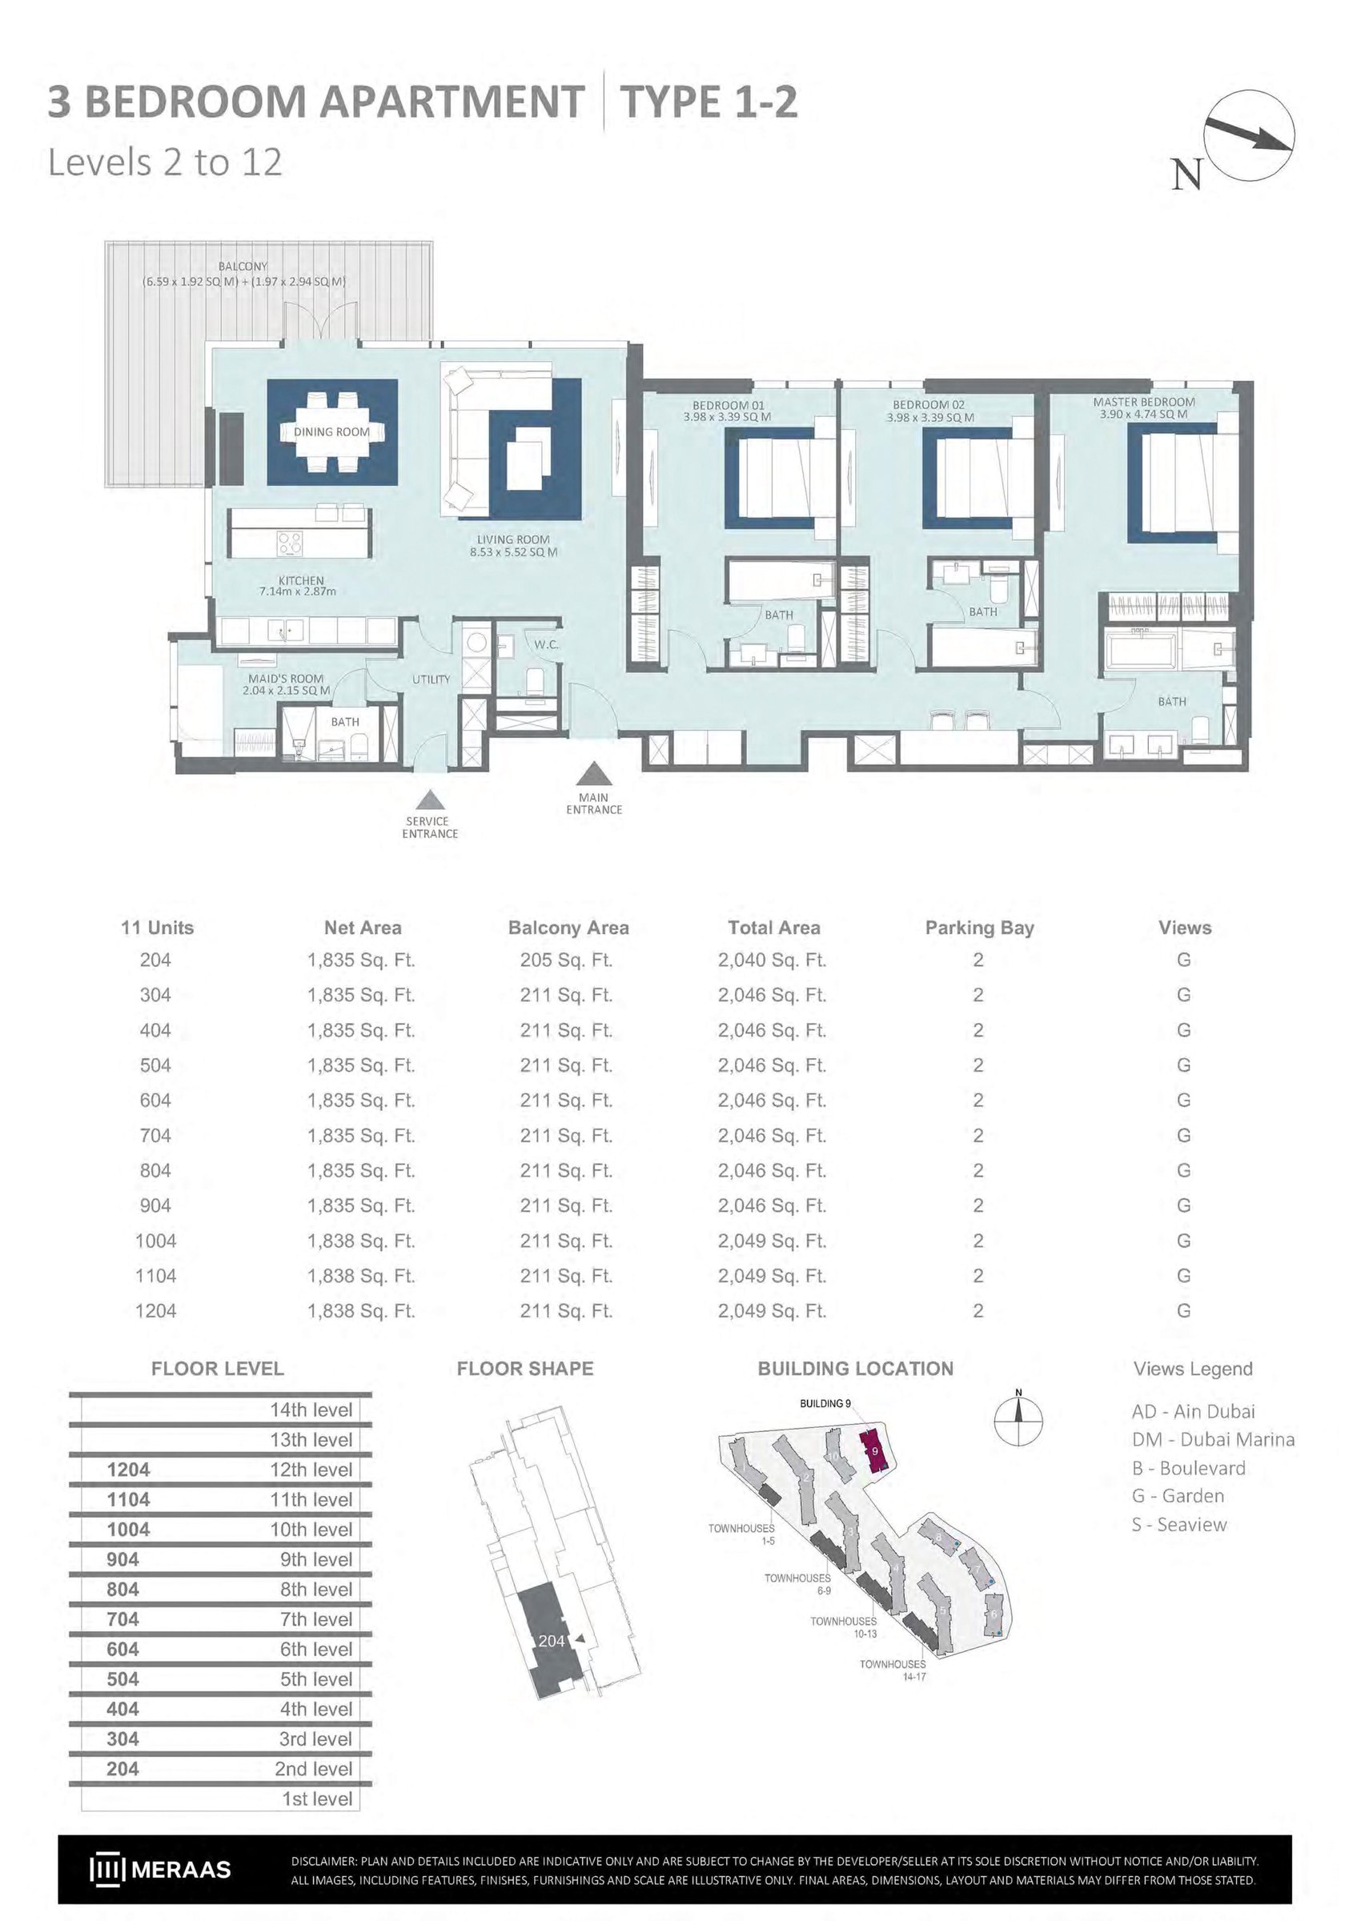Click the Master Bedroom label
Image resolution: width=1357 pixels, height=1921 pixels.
pos(1144,403)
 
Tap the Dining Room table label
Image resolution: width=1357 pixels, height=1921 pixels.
pos(331,431)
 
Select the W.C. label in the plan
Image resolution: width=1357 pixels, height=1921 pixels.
pos(546,645)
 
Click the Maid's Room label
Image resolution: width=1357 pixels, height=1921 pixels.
pos(285,679)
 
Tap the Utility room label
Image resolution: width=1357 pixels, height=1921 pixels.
pos(431,680)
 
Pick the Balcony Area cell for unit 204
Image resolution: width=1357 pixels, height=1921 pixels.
pos(566,960)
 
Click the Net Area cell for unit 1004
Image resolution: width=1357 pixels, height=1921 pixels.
pos(361,1241)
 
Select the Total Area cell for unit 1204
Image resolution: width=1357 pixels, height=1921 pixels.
pos(773,1311)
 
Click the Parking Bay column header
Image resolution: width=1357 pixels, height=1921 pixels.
pos(980,928)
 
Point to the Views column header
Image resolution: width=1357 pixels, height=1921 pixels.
pos(1185,928)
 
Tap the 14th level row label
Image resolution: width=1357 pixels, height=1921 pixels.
pos(311,1410)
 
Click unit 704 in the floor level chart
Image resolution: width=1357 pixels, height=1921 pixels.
pos(122,1619)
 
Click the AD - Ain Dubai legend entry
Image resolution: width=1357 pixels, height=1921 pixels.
pos(1193,1411)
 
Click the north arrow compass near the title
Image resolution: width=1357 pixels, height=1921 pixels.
pos(1249,135)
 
